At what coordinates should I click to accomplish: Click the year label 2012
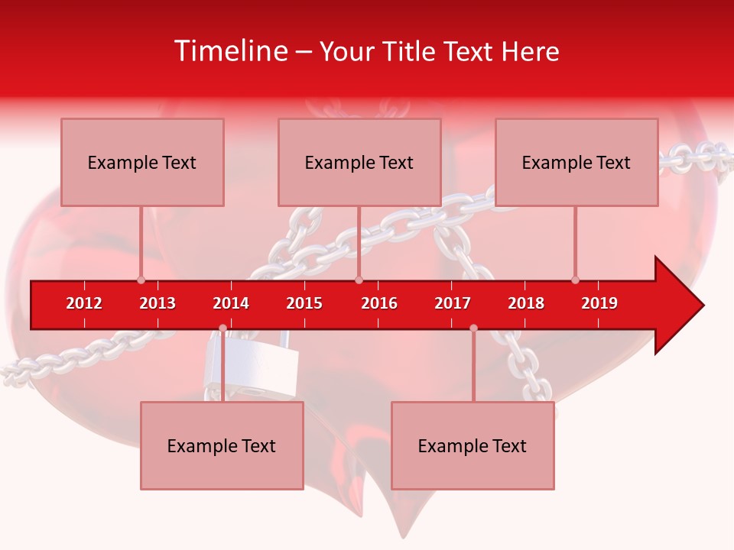coord(84,303)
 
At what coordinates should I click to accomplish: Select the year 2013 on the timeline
coord(158,303)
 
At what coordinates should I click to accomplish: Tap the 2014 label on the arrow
coord(231,303)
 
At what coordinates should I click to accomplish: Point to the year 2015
coord(304,303)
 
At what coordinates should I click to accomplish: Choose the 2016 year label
coord(379,303)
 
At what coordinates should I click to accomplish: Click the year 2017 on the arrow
coord(453,303)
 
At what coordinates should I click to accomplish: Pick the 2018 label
coord(526,303)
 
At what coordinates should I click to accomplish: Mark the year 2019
coord(599,303)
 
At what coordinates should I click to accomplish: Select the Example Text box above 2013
coord(142,162)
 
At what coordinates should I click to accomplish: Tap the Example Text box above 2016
coord(359,162)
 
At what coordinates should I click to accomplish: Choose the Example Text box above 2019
coord(576,162)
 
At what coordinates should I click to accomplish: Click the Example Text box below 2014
coord(222,445)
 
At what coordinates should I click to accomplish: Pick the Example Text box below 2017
coord(473,445)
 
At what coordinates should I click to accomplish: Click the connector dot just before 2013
coord(141,280)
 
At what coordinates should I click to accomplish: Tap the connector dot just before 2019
coord(575,280)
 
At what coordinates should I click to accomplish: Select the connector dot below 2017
coord(473,328)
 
